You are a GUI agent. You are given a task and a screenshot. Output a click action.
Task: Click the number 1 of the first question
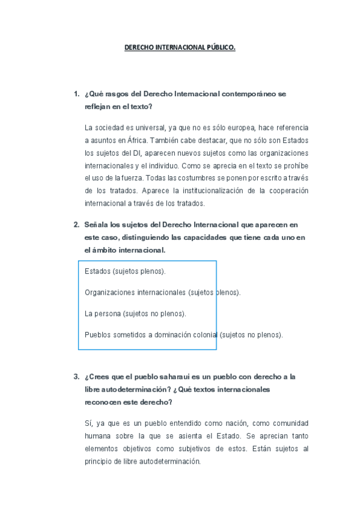click(x=76, y=94)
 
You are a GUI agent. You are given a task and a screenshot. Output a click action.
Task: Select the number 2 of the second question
click(x=76, y=225)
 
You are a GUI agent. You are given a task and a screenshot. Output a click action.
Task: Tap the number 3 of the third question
click(x=76, y=377)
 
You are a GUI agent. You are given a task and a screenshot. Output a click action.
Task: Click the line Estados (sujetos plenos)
click(x=125, y=271)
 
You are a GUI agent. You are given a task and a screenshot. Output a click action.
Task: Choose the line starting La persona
click(x=135, y=313)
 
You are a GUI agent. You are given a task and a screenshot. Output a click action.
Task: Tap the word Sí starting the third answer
click(x=88, y=423)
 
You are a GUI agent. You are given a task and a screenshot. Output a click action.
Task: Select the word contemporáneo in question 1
click(x=250, y=94)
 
